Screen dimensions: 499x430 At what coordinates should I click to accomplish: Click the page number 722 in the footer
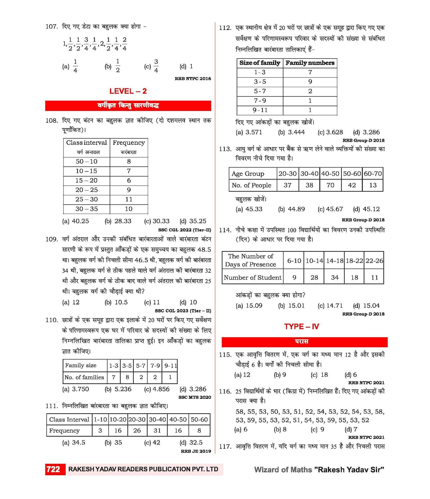point(53,469)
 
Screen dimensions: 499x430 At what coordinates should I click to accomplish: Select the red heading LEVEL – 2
point(128,91)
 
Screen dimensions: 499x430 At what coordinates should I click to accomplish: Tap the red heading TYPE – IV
point(301,326)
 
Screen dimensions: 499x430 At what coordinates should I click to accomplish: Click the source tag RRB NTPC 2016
point(193,79)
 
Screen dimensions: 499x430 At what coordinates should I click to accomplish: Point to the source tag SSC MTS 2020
point(195,397)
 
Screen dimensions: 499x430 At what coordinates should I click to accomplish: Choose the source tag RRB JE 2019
point(196,451)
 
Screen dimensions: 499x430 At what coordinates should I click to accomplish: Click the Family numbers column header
point(310,63)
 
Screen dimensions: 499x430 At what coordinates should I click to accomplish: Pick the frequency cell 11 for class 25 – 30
point(129,199)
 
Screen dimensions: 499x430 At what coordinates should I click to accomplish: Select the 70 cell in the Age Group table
point(330,185)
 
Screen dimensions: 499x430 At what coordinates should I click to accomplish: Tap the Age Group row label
point(248,174)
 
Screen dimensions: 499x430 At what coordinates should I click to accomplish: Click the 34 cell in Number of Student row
point(334,277)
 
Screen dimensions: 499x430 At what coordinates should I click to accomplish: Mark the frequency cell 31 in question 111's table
point(157,430)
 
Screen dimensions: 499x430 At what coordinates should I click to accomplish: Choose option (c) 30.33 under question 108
point(157,221)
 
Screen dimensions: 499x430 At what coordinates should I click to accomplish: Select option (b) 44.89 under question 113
point(291,209)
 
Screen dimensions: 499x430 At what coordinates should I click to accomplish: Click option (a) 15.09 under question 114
point(249,306)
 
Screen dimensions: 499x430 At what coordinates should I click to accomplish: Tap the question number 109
point(51,239)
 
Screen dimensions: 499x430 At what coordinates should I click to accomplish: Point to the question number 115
point(225,355)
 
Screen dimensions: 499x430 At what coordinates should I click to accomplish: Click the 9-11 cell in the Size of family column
point(260,110)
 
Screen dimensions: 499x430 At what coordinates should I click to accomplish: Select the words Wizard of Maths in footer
point(283,470)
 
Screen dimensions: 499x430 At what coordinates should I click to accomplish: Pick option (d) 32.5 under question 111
point(191,443)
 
